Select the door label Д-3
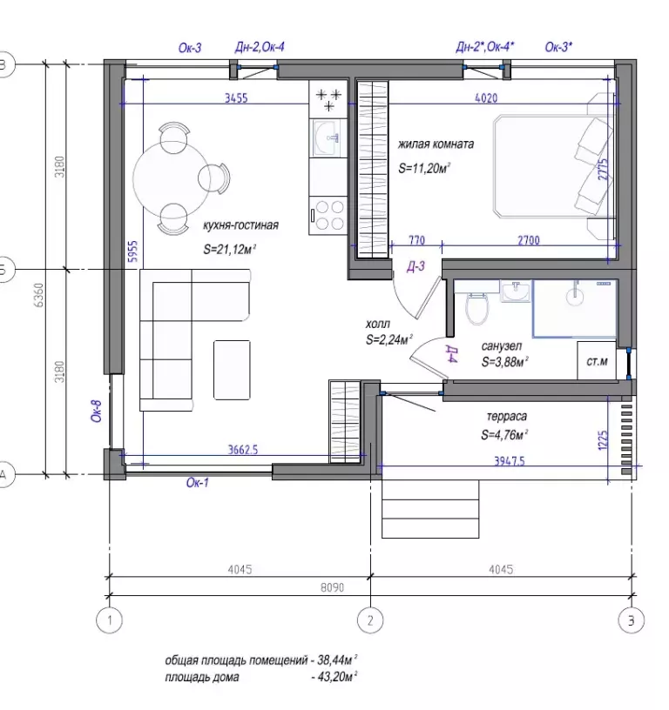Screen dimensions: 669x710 pos(416,266)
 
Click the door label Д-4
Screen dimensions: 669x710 pos(452,353)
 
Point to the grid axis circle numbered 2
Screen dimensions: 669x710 pos(370,620)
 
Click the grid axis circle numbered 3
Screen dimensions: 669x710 pos(632,620)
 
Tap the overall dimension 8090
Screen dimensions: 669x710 pos(332,587)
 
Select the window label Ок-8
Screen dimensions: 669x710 pos(97,412)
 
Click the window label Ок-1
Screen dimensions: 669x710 pos(198,483)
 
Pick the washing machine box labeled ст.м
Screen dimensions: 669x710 pos(597,360)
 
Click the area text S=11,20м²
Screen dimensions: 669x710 pos(424,169)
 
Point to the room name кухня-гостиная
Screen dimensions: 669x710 pos(240,225)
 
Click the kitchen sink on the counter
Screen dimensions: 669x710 pos(328,138)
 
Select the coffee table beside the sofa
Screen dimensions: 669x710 pos(232,370)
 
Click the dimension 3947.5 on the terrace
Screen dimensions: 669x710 pos(510,461)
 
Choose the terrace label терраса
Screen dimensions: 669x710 pos(507,416)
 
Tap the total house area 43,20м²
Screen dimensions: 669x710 pos(334,677)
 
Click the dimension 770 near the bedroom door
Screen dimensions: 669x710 pos(416,240)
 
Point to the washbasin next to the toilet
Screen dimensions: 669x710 pos(516,291)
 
